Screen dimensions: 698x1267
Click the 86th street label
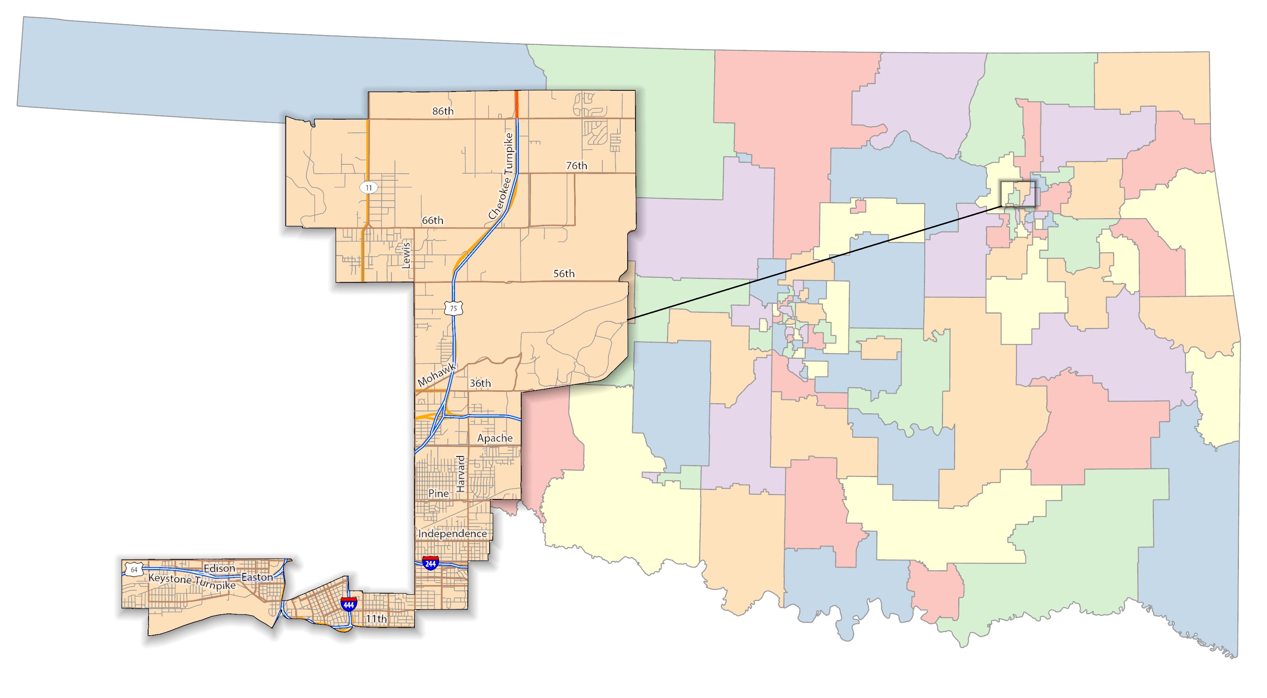point(442,111)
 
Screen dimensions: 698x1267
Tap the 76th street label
point(577,166)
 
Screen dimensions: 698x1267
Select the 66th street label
point(432,220)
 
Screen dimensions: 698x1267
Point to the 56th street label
point(564,273)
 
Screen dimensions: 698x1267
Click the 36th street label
point(480,383)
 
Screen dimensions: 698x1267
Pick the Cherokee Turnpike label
point(502,176)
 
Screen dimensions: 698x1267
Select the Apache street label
point(495,438)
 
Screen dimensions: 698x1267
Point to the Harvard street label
point(460,474)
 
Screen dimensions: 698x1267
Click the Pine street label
point(438,493)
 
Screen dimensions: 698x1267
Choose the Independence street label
point(453,533)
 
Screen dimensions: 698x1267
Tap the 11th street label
point(376,619)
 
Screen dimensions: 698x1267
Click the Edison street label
point(219,568)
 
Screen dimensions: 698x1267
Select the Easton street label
point(257,577)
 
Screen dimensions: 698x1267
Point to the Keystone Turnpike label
point(192,582)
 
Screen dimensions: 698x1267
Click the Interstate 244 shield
point(430,563)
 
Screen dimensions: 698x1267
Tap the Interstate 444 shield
point(349,604)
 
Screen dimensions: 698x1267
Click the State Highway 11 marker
point(368,187)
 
